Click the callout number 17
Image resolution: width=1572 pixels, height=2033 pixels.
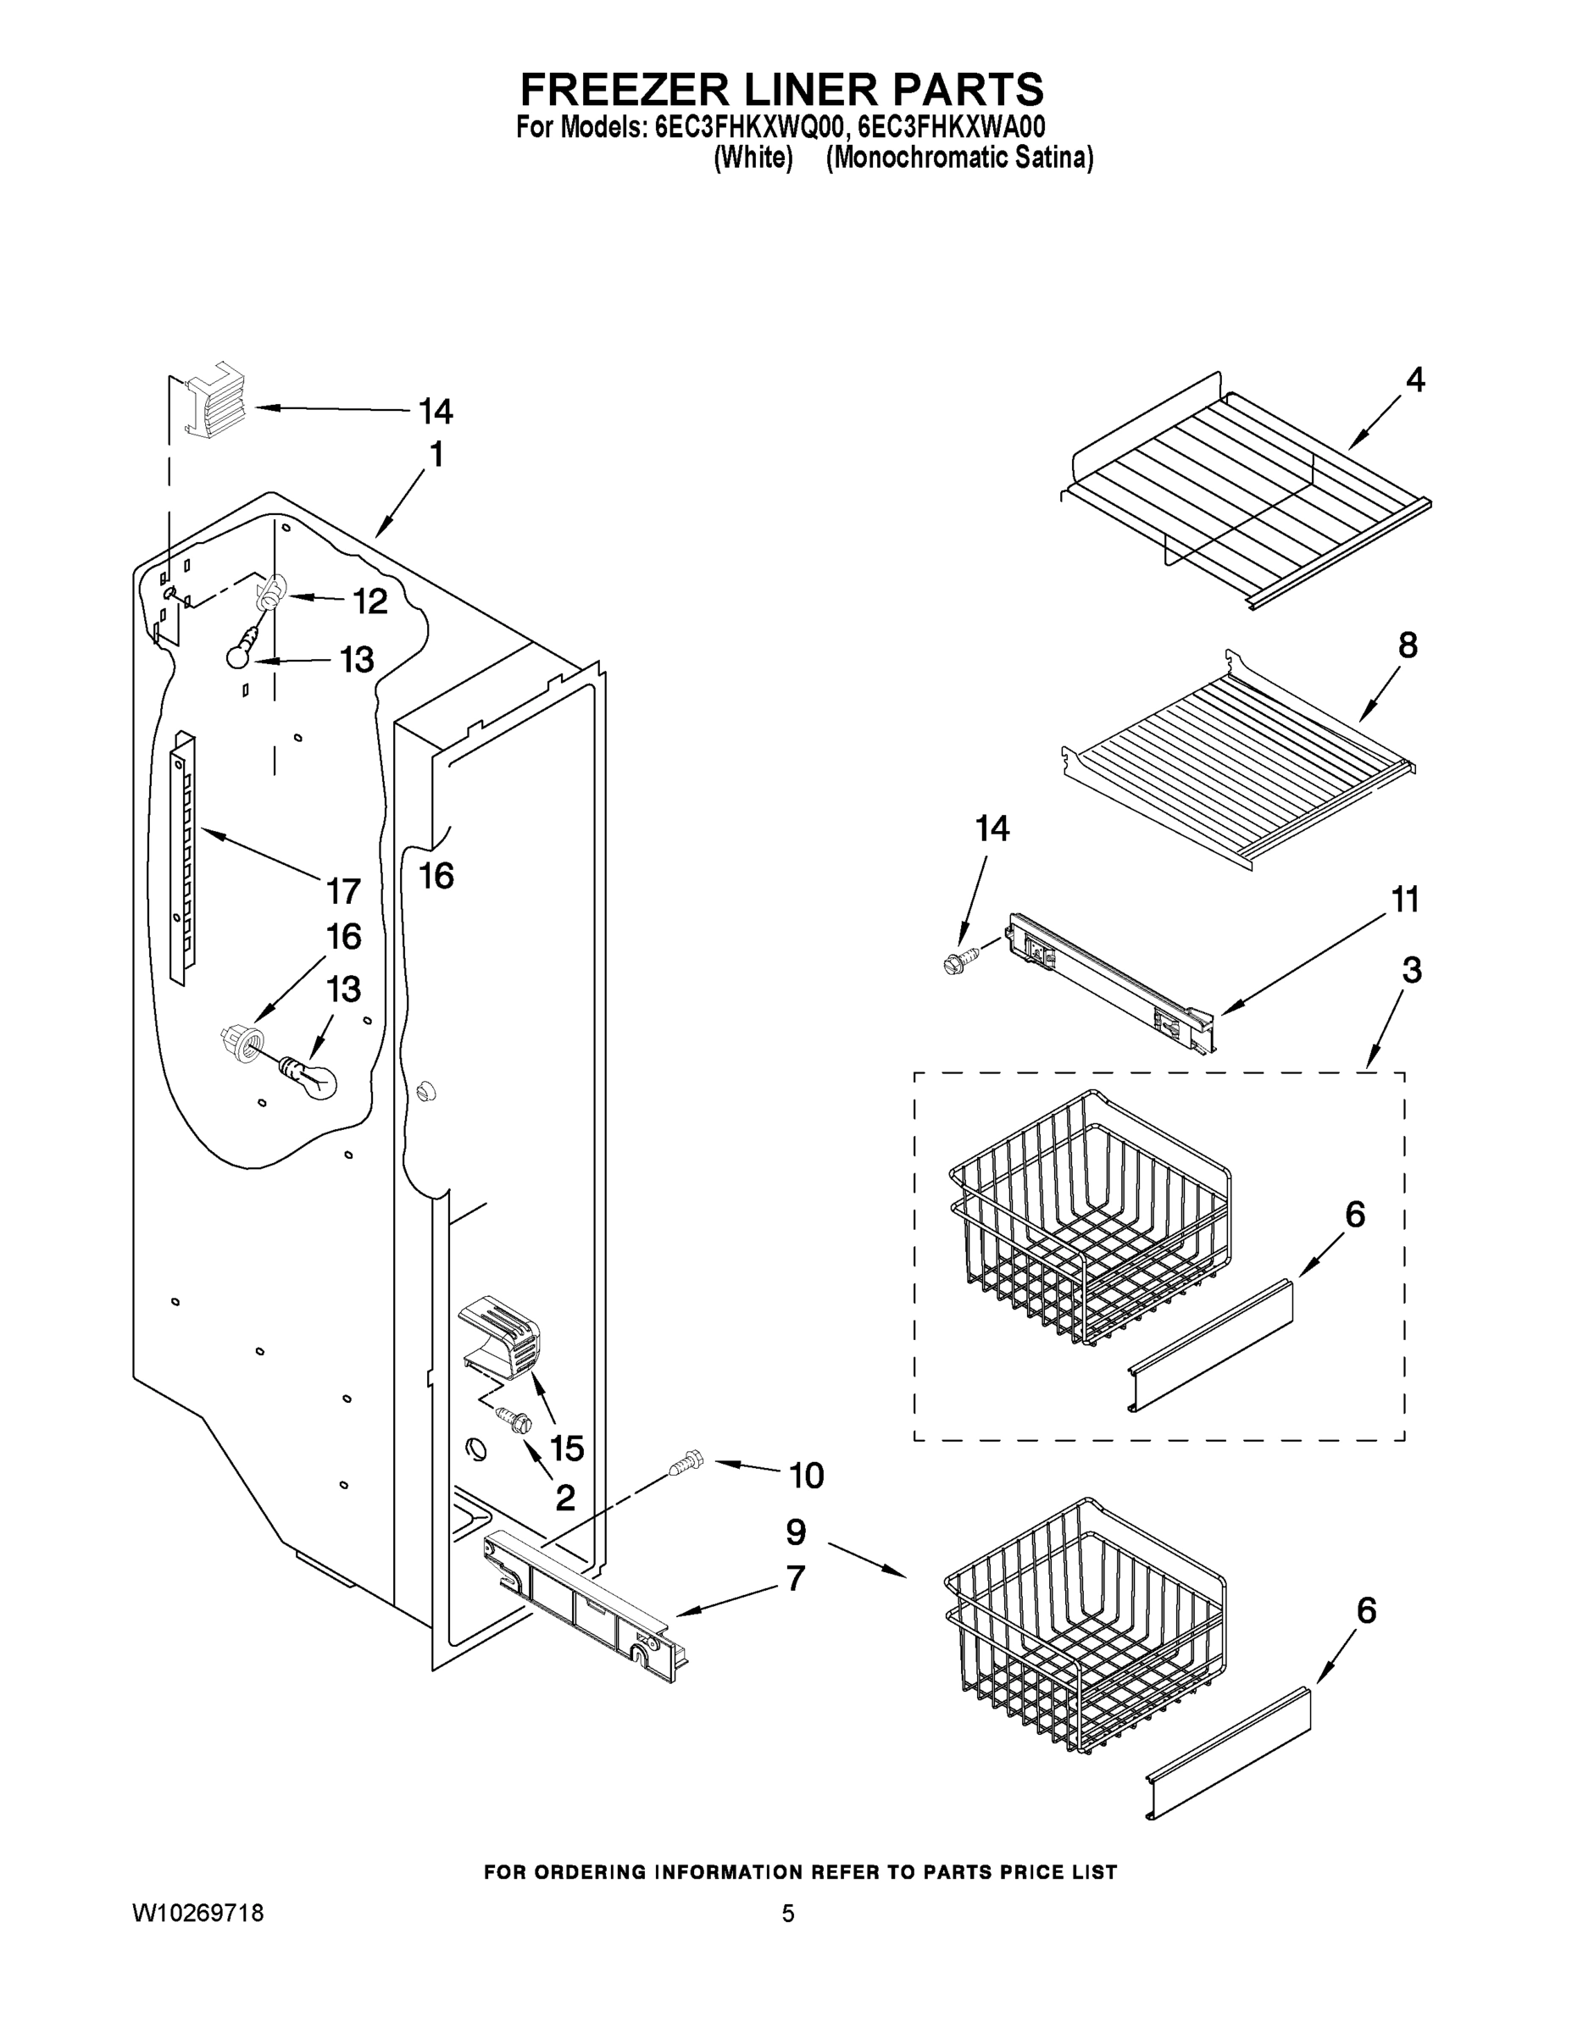click(344, 891)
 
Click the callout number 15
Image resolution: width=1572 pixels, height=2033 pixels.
click(566, 1448)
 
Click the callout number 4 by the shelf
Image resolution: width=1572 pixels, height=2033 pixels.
click(1414, 379)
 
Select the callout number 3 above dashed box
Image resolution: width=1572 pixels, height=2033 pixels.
click(1412, 971)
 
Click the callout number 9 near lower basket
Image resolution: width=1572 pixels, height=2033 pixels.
click(795, 1532)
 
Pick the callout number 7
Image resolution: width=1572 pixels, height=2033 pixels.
click(794, 1579)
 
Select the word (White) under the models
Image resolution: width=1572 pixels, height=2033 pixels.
click(753, 158)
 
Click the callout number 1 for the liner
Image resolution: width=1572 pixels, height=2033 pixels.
click(436, 455)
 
